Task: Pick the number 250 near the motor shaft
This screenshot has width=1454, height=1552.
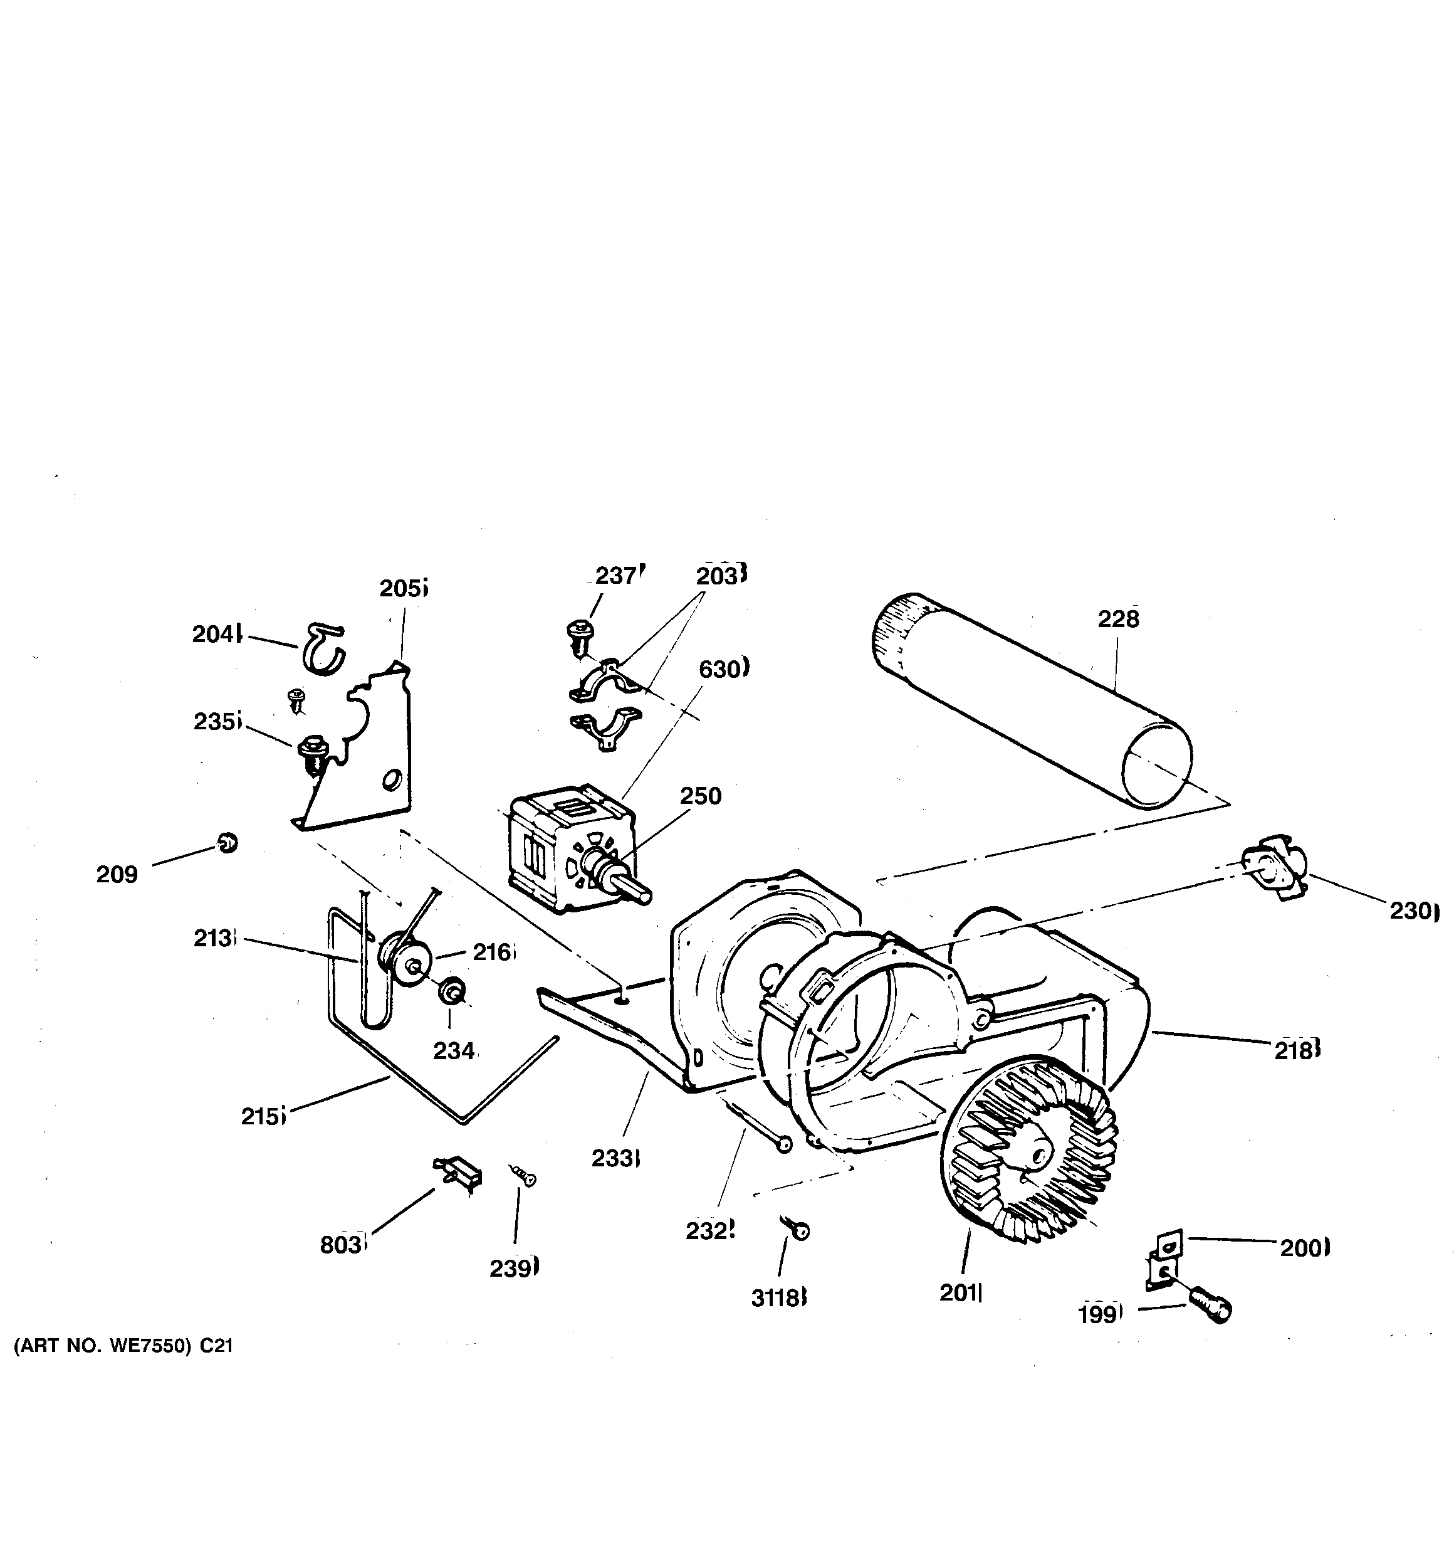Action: tap(700, 796)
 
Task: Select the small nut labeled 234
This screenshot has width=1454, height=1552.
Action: tap(451, 992)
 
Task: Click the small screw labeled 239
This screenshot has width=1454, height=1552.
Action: tap(525, 1176)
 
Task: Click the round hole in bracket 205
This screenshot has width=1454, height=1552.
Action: tap(392, 778)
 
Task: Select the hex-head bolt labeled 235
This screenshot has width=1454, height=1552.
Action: tap(313, 749)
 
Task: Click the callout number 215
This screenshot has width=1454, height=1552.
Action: tap(261, 1116)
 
